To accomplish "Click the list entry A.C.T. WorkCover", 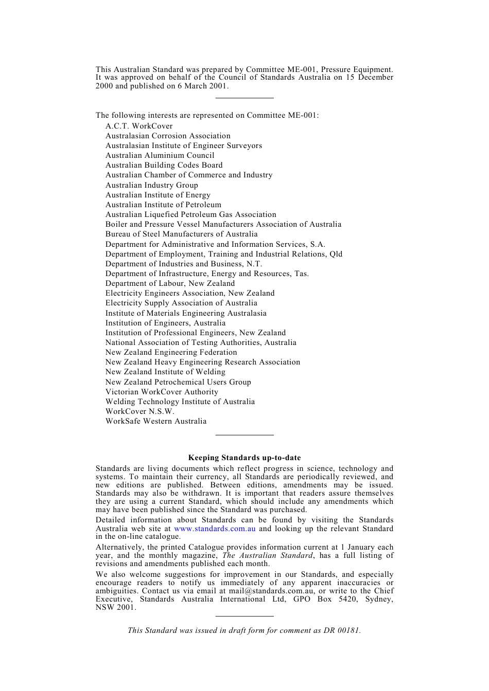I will click(139, 126).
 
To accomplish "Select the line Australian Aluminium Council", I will click(160, 155).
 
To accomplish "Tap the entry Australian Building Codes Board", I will click(164, 165).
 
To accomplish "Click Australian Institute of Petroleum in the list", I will click(163, 205).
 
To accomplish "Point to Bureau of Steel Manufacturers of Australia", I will click(181, 234).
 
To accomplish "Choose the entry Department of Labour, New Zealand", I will click(170, 283).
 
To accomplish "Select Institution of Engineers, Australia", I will click(165, 323).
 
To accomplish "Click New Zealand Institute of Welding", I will click(165, 372).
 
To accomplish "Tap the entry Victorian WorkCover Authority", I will click(162, 392).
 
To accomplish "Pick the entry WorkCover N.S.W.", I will click(139, 411).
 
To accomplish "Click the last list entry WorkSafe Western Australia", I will click(156, 421).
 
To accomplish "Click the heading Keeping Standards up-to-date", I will click(244, 458).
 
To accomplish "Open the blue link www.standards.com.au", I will click(215, 529).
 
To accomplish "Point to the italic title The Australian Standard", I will click(267, 555).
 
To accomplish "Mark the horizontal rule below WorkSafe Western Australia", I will click(244, 435).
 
